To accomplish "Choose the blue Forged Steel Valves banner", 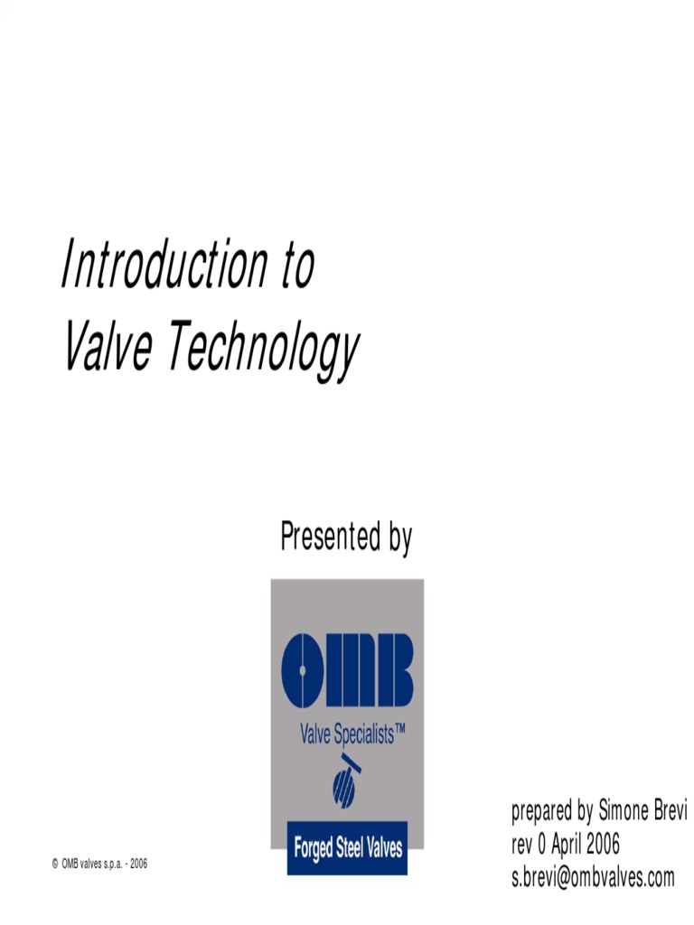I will [347, 848].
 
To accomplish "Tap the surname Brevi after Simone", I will [670, 811].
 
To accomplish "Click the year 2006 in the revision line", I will [603, 845].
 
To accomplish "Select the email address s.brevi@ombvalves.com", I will [593, 877].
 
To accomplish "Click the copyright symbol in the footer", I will [55, 864].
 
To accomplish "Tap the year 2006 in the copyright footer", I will [138, 864].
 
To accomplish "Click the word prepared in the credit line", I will [539, 812].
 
